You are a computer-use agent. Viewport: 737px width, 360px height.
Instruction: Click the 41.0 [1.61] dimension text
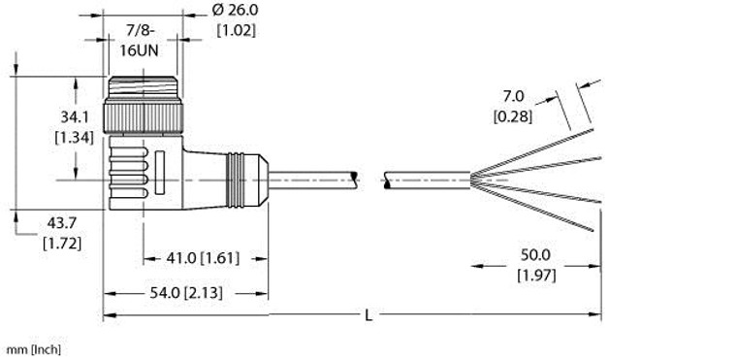(191, 258)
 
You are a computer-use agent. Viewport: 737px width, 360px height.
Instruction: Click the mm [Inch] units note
(33, 347)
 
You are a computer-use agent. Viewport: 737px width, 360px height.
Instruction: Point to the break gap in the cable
(371, 178)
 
